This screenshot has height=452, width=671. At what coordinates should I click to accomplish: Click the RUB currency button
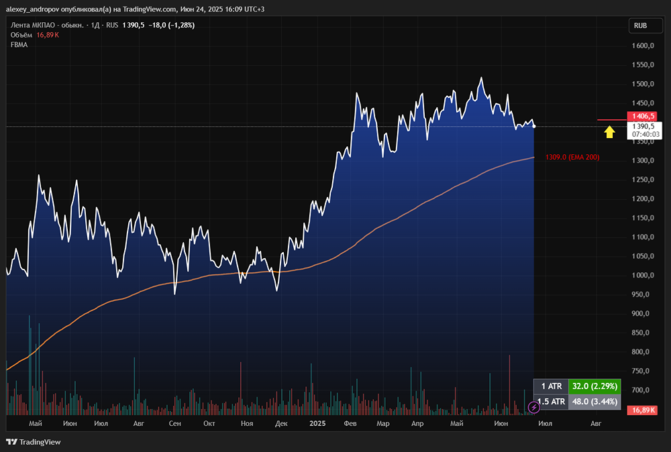pos(640,26)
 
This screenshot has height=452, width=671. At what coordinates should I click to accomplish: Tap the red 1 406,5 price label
pos(641,115)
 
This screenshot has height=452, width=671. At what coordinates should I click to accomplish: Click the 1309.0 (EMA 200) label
pos(572,157)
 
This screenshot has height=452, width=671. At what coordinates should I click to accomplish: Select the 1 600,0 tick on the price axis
pos(641,46)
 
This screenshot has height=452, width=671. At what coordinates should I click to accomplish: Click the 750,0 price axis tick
pos(641,371)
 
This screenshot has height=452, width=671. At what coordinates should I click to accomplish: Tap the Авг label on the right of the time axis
pos(595,424)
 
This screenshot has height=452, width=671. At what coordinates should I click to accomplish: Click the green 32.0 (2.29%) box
pos(593,386)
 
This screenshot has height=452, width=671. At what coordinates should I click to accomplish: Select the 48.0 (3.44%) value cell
pos(593,402)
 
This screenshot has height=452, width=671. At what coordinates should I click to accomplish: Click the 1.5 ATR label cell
pos(550,402)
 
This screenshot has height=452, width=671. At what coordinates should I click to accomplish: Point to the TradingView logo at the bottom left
pos(33,442)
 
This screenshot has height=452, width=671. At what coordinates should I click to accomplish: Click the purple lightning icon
pos(534,406)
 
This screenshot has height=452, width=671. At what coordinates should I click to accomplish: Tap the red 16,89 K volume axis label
pos(641,410)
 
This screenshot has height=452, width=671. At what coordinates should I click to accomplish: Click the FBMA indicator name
pos(19,44)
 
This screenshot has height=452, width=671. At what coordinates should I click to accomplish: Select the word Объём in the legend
pos(22,35)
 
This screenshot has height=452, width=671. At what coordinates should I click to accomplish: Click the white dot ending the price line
pos(534,126)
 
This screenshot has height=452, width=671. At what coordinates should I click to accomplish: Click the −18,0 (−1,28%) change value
pos(170,25)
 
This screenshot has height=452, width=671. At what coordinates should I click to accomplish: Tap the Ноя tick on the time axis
pos(247,424)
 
